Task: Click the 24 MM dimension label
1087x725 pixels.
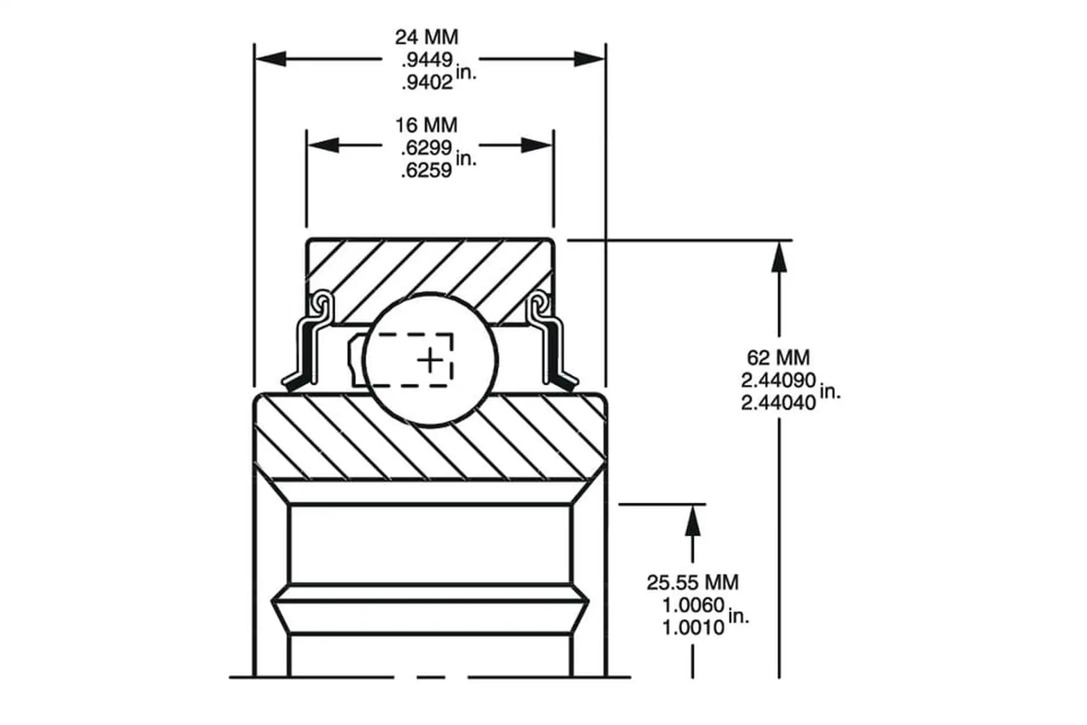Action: (x=426, y=37)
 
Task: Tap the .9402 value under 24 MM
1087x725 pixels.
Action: (x=427, y=83)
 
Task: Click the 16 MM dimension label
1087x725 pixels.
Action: (x=426, y=125)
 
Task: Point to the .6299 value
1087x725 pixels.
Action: (x=426, y=148)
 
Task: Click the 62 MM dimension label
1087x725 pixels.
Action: (x=778, y=357)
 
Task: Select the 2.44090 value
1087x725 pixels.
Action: (x=778, y=380)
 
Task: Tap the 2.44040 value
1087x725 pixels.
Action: (x=778, y=403)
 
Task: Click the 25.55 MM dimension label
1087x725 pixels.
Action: (x=693, y=582)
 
